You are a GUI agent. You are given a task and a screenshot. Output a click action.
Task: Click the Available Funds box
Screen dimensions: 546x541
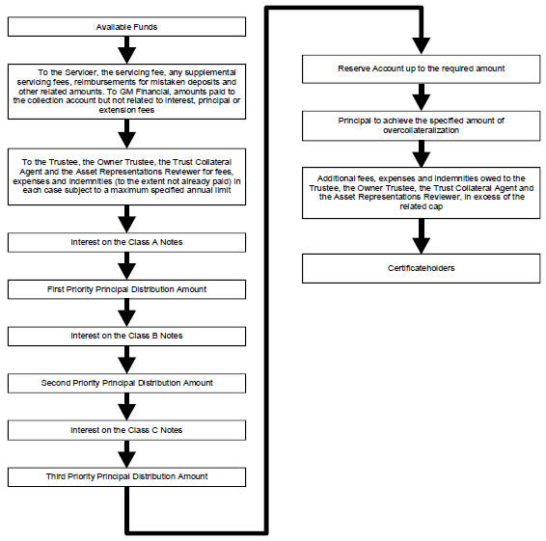tap(126, 26)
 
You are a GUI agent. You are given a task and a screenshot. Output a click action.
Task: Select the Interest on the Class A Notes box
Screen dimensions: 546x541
tap(126, 242)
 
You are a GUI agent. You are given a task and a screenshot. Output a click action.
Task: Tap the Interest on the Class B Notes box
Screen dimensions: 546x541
tap(126, 336)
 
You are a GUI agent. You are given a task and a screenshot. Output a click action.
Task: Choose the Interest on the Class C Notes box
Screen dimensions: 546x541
tap(126, 430)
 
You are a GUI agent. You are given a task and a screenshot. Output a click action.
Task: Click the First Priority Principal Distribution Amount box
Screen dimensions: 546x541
tap(126, 289)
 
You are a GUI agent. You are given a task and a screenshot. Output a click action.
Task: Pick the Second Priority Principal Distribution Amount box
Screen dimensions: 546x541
tap(126, 383)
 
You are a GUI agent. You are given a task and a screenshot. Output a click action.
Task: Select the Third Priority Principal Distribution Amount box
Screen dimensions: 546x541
tap(126, 476)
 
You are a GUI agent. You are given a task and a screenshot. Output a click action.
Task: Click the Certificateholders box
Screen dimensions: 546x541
tap(422, 268)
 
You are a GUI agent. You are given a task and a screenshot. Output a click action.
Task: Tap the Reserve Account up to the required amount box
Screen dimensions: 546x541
tap(422, 68)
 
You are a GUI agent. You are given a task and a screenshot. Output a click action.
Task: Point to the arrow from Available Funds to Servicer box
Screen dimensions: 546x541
tap(126, 50)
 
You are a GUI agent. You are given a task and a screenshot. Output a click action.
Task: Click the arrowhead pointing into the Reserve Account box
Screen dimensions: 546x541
tap(422, 46)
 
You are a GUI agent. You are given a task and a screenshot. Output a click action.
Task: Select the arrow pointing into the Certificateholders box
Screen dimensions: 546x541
tap(422, 236)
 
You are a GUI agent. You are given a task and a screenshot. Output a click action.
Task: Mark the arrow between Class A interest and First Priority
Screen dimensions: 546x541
tap(126, 266)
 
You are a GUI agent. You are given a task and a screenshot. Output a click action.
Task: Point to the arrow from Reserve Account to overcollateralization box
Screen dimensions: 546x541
tap(422, 97)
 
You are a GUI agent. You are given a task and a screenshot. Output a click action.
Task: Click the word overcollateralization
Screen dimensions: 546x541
tap(421, 130)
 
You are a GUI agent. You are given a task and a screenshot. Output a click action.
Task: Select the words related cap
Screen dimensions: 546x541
tap(421, 206)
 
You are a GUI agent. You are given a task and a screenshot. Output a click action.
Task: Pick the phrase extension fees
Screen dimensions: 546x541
tap(126, 110)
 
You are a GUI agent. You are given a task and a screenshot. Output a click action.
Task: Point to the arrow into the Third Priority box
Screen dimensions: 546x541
tap(126, 454)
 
